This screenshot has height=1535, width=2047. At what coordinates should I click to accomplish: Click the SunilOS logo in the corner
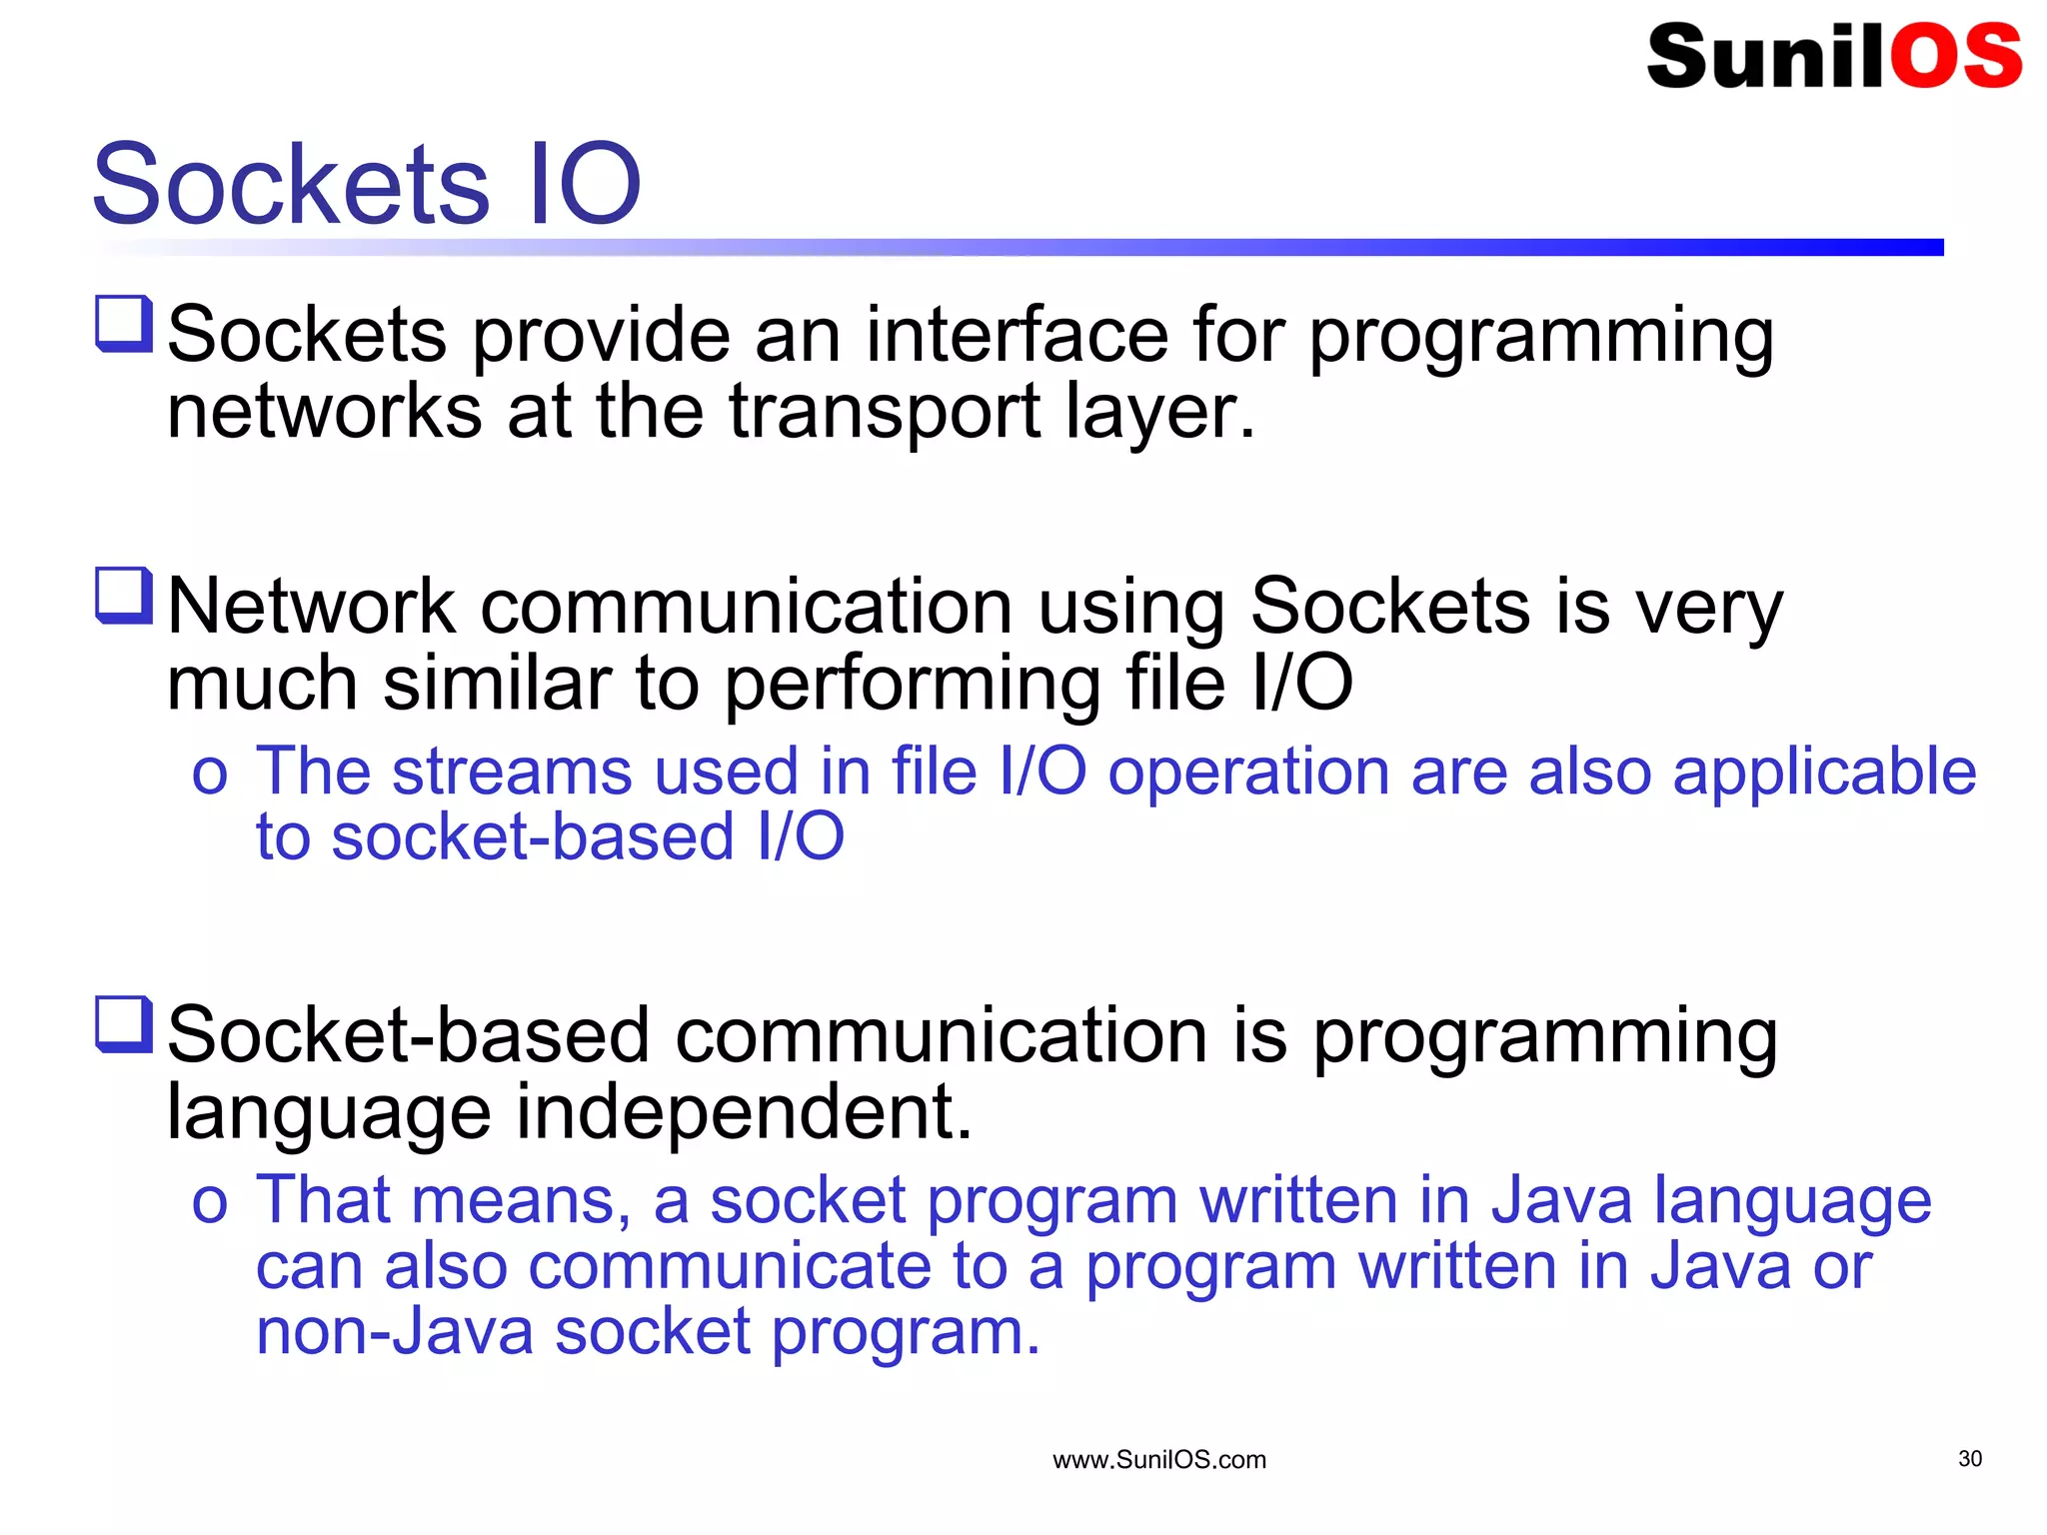coord(1833,56)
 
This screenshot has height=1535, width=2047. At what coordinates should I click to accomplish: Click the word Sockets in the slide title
coord(291,184)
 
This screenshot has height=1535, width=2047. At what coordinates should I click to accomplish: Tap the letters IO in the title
coord(584,184)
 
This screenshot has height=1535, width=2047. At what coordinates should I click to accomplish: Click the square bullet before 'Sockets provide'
coord(124,323)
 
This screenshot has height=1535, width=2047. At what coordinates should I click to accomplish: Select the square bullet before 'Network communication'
coord(124,595)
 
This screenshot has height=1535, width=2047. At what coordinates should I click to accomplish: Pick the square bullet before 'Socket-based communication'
coord(124,1023)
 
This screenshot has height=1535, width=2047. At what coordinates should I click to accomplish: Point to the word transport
coord(885,414)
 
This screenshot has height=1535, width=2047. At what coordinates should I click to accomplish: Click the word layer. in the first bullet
coord(1159,414)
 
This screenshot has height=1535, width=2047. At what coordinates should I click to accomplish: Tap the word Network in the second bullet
coord(311,607)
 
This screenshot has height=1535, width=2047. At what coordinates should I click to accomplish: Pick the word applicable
coord(1824,771)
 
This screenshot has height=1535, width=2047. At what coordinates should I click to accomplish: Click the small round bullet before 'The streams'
coord(210,775)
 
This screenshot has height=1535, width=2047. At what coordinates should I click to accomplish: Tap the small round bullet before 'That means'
coord(210,1203)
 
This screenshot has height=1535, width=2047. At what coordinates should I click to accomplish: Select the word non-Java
coord(395,1331)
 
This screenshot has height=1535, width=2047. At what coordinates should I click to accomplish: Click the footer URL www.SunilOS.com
coord(1159,1460)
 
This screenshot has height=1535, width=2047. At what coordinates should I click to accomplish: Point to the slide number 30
coord(1969,1458)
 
